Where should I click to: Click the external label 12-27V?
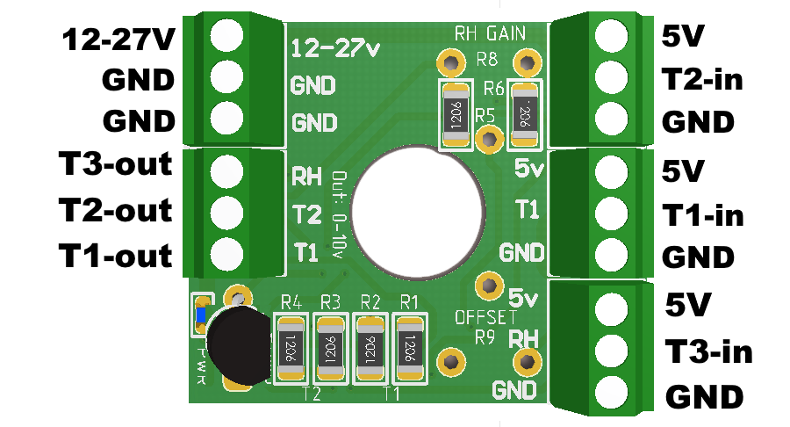(x=117, y=40)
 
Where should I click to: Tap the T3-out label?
(x=114, y=164)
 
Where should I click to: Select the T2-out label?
(x=114, y=211)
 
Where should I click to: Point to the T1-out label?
(x=114, y=257)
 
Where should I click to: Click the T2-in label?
(x=703, y=80)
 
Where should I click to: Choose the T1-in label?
(x=703, y=214)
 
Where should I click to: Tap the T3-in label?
(x=708, y=351)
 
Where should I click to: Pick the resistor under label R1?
(x=409, y=349)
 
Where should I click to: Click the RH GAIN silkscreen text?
(x=490, y=34)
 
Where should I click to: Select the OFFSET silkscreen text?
(x=485, y=316)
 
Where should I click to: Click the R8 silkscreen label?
(x=486, y=61)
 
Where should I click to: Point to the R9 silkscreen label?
(x=485, y=337)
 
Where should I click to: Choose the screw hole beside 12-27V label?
(x=226, y=35)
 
